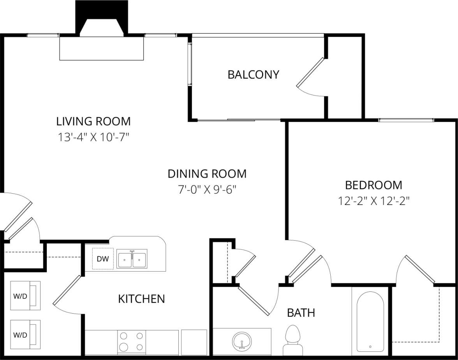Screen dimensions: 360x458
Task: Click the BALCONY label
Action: [253, 74]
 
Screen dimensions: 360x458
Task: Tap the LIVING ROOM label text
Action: [93, 121]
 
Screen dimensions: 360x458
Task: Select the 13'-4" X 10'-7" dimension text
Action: [93, 137]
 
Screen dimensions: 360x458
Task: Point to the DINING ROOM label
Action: [207, 173]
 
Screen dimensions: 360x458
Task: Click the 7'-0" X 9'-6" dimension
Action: [207, 190]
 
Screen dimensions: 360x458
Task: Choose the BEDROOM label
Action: [373, 185]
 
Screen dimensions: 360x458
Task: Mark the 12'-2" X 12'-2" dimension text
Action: [373, 201]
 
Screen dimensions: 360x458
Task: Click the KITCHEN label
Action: [141, 299]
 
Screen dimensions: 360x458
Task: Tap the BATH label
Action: [301, 312]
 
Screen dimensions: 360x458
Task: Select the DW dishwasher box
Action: [102, 259]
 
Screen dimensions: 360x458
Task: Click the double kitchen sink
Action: [132, 259]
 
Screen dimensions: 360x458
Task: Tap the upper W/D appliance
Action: [25, 296]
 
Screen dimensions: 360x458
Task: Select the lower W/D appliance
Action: [25, 335]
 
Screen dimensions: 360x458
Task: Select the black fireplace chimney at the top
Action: [102, 18]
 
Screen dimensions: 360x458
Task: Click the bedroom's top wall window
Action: [406, 120]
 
